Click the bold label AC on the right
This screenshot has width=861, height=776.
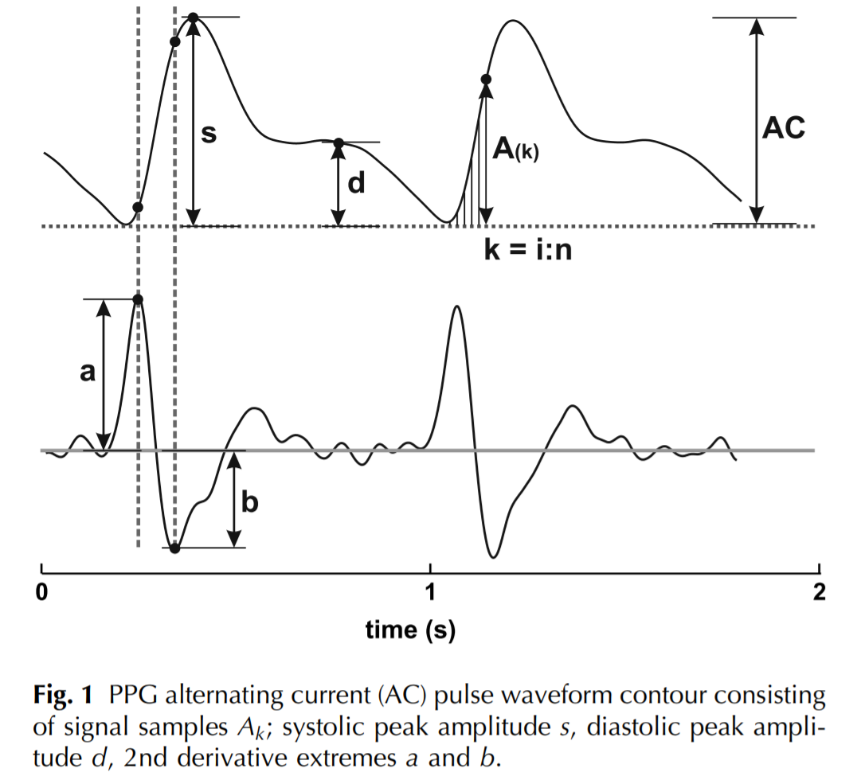[x=783, y=128]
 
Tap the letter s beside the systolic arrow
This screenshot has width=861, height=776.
[x=209, y=134]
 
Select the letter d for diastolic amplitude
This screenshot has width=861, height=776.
[x=357, y=184]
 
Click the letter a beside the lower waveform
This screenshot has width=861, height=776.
[x=88, y=372]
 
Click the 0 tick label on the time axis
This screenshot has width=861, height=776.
[x=41, y=592]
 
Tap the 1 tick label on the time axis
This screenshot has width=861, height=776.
[x=430, y=592]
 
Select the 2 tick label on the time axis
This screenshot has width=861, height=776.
[x=818, y=592]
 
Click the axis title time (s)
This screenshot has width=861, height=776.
[x=410, y=630]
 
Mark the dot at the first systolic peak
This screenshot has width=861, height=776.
[x=193, y=17]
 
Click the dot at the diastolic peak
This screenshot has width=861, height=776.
[x=339, y=143]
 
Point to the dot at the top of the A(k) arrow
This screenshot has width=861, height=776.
[x=487, y=79]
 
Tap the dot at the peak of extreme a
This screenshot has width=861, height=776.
[x=138, y=299]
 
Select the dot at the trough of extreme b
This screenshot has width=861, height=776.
[x=175, y=548]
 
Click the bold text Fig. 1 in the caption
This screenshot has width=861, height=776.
[x=65, y=696]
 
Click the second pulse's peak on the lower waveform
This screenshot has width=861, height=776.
[x=456, y=306]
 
